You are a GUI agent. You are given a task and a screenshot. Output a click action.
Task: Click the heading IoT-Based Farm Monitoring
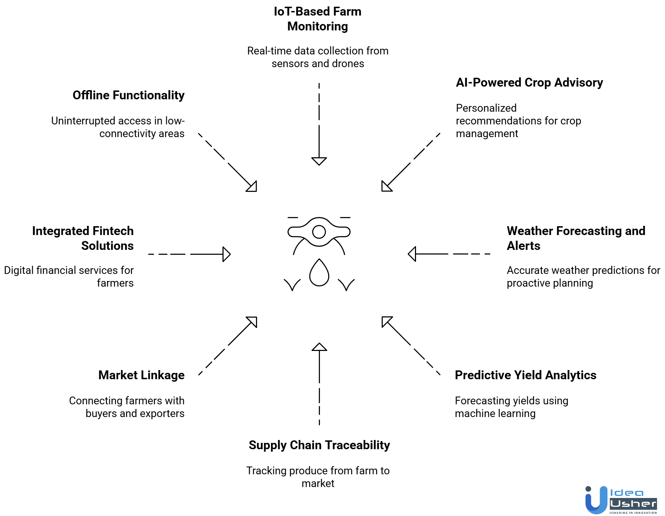pyautogui.click(x=317, y=19)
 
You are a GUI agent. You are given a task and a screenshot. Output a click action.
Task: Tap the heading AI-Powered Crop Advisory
pyautogui.click(x=529, y=82)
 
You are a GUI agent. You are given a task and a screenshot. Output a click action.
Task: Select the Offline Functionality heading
pyautogui.click(x=129, y=95)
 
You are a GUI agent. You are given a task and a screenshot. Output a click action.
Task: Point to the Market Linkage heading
pyautogui.click(x=141, y=375)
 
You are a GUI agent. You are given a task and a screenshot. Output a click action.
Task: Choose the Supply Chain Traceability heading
pyautogui.click(x=319, y=445)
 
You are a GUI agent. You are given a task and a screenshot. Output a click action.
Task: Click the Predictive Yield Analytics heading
pyautogui.click(x=525, y=375)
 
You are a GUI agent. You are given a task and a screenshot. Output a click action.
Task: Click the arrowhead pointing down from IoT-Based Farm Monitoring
pyautogui.click(x=319, y=161)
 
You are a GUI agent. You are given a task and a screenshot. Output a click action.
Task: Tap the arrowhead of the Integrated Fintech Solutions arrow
pyautogui.click(x=226, y=254)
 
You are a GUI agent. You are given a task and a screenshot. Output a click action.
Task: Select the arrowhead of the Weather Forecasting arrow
pyautogui.click(x=412, y=254)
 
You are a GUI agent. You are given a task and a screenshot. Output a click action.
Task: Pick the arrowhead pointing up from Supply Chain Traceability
pyautogui.click(x=319, y=347)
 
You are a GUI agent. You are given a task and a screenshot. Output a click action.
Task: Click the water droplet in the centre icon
pyautogui.click(x=319, y=273)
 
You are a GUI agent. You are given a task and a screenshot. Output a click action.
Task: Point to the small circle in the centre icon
pyautogui.click(x=319, y=232)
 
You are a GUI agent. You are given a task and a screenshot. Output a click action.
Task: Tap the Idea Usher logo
pyautogui.click(x=621, y=500)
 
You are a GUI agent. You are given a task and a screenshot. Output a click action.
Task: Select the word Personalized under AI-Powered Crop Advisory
pyautogui.click(x=486, y=108)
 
